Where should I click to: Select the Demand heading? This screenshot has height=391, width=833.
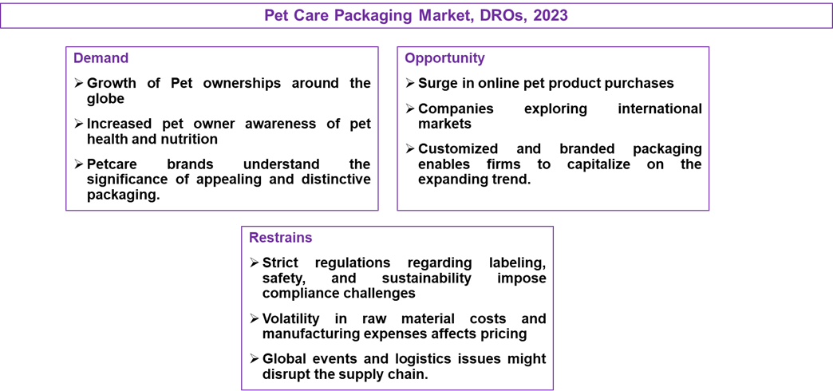(93, 58)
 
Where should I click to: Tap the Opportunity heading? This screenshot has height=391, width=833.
(444, 58)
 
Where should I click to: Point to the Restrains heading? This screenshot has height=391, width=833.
(281, 238)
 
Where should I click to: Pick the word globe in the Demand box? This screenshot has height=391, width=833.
(105, 99)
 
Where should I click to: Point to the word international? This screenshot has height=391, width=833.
(659, 109)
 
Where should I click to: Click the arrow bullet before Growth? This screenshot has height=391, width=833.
(79, 84)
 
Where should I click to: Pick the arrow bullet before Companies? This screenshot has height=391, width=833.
(410, 109)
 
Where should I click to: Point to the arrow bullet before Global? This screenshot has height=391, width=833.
(255, 358)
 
